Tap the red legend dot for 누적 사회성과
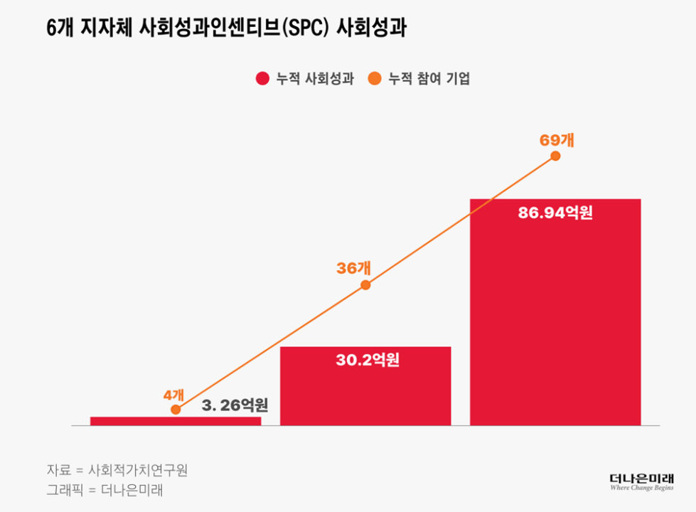(x=262, y=79)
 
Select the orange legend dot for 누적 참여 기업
(x=375, y=79)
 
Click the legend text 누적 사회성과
(x=314, y=79)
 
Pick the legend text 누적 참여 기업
(x=429, y=79)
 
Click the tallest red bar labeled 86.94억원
(x=555, y=320)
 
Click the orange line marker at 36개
(x=365, y=285)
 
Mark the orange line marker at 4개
(x=176, y=409)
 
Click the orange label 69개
(x=557, y=140)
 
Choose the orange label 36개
(x=353, y=268)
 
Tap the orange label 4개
(x=173, y=395)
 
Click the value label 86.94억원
(x=555, y=213)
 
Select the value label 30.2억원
(x=368, y=361)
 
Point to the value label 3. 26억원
(x=235, y=406)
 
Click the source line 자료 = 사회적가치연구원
(x=117, y=470)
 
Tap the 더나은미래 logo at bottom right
(x=641, y=481)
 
